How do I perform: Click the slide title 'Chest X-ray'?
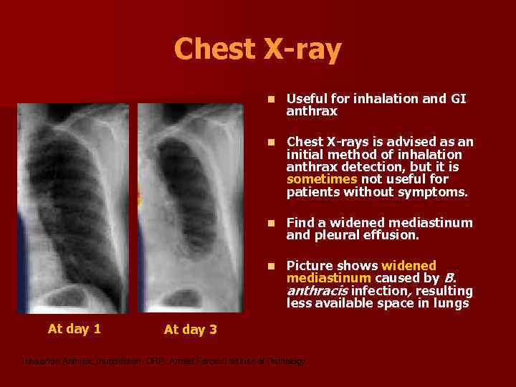(x=257, y=49)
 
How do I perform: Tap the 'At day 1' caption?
(x=74, y=329)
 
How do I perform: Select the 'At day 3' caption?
(x=190, y=330)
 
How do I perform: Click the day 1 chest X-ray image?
(x=73, y=208)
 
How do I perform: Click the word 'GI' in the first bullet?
(x=458, y=99)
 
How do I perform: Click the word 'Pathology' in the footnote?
(x=285, y=361)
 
